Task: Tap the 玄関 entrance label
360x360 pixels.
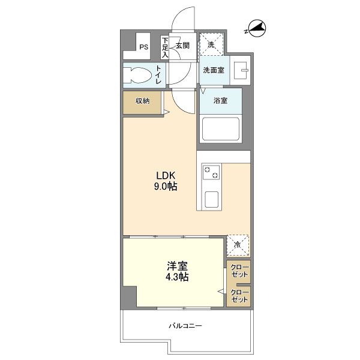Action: pyautogui.click(x=182, y=45)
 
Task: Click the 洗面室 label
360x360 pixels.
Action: pyautogui.click(x=214, y=70)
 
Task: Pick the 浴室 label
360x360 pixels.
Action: pyautogui.click(x=221, y=100)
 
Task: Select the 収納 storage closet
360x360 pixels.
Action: pyautogui.click(x=142, y=101)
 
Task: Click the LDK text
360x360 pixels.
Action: pyautogui.click(x=166, y=176)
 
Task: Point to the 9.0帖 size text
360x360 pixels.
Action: pyautogui.click(x=166, y=187)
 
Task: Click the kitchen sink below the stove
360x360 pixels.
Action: pyautogui.click(x=211, y=197)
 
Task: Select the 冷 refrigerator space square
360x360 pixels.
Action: pyautogui.click(x=238, y=244)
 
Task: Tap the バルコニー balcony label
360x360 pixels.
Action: pyautogui.click(x=185, y=326)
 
